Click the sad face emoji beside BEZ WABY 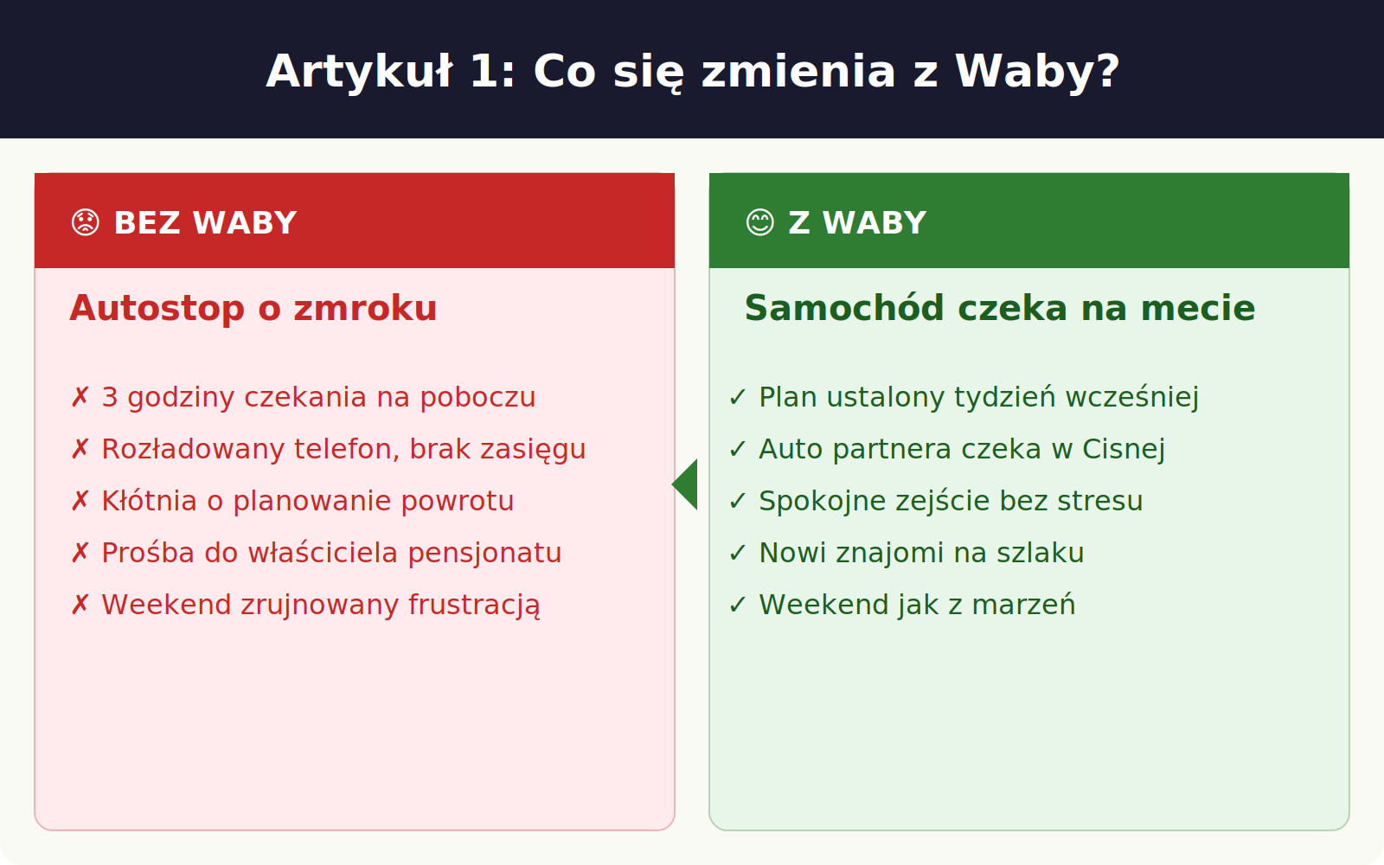86,223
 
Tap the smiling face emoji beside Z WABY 760,223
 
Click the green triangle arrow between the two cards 684,484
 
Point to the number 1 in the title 484,72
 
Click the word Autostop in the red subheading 157,308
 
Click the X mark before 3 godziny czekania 80,397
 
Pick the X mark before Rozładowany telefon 80,449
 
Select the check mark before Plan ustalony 738,397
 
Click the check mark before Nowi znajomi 738,553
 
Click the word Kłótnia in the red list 149,501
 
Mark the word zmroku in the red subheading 365,308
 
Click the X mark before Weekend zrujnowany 80,605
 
